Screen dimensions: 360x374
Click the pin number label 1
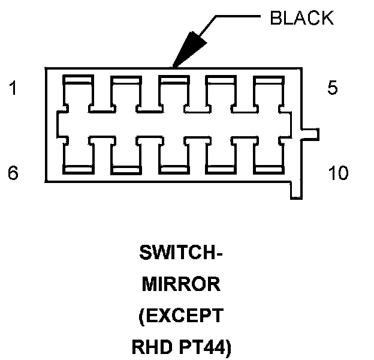coord(13,89)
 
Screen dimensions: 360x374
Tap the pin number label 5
coord(333,88)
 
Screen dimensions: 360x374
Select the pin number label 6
coord(13,173)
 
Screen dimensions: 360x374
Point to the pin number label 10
coord(338,173)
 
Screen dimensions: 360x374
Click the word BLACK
coord(301,19)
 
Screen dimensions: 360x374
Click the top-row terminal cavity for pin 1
coord(78,93)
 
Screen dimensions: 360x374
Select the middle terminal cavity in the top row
coord(173,93)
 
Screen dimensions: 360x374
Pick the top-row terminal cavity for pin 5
coord(269,93)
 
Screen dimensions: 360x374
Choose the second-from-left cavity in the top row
coord(125,93)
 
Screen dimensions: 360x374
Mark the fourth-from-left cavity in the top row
coord(221,93)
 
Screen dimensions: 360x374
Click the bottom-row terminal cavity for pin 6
coord(78,154)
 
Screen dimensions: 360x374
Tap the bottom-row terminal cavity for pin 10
coord(269,154)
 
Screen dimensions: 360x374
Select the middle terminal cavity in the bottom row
coord(173,154)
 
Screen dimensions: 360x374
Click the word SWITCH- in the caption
coord(180,253)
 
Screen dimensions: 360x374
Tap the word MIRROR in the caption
coord(181,284)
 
